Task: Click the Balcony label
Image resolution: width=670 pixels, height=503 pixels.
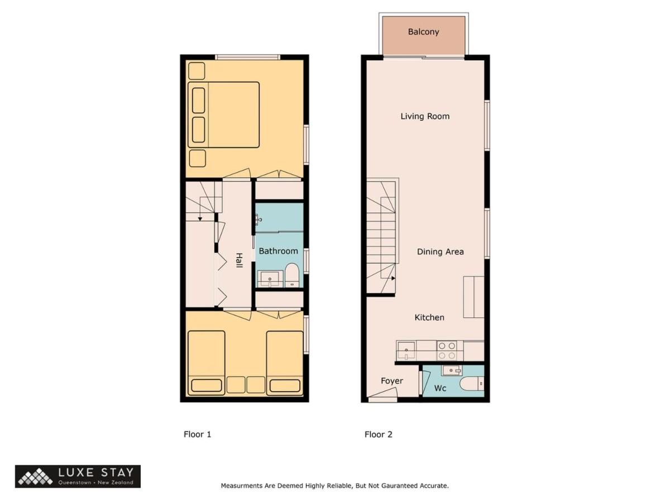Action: (x=423, y=32)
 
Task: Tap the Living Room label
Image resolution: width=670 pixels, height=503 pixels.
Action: (x=425, y=116)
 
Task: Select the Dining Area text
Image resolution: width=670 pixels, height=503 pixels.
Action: (x=440, y=251)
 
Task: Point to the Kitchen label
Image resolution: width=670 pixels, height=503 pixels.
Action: (x=429, y=317)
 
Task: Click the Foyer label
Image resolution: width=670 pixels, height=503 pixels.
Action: (x=392, y=381)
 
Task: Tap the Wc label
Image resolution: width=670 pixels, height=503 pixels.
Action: (x=440, y=388)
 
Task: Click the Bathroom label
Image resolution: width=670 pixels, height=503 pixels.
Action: (x=279, y=251)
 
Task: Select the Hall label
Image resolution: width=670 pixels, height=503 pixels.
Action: (x=240, y=260)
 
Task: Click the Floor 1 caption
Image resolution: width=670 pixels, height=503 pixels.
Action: (x=197, y=434)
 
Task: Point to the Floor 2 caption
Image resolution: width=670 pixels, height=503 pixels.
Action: (x=378, y=434)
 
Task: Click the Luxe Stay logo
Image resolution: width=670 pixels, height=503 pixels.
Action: (x=78, y=476)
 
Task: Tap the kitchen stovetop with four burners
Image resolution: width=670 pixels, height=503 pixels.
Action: (x=447, y=350)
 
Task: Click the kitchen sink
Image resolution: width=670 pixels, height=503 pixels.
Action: (x=406, y=350)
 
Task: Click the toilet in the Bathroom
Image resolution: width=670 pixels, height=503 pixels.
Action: (x=292, y=275)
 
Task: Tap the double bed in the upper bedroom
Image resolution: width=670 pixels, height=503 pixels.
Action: (x=224, y=115)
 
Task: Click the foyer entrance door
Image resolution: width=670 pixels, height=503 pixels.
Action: (x=382, y=395)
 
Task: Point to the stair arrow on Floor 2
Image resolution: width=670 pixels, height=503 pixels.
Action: (x=394, y=278)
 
